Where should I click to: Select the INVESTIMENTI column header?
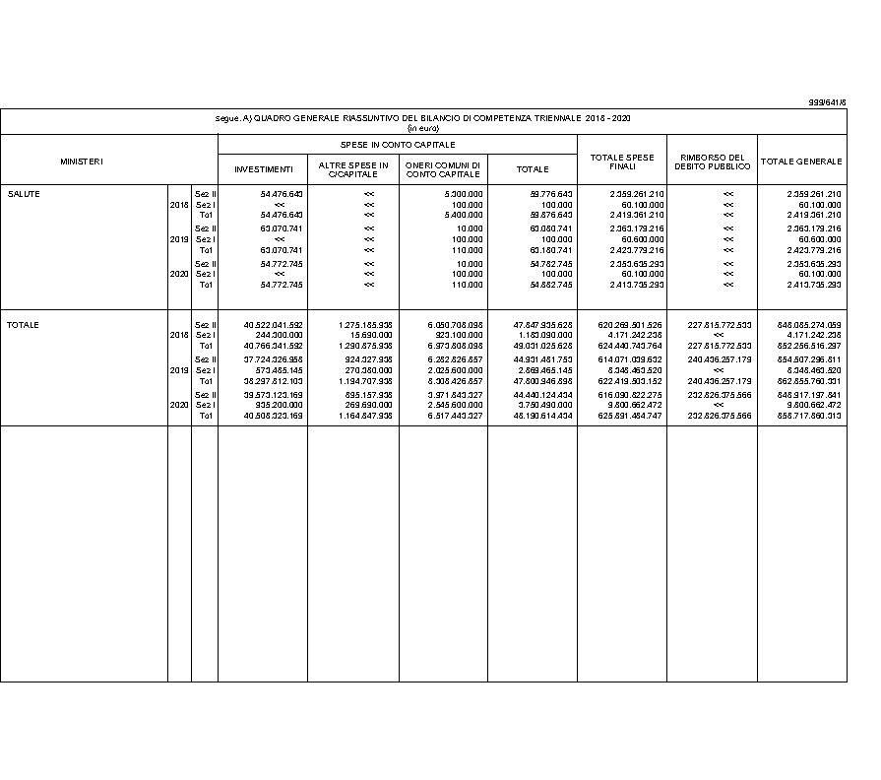coord(263,169)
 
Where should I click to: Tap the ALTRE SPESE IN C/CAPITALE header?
coord(353,169)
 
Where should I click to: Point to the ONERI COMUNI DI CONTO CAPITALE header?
coord(443,169)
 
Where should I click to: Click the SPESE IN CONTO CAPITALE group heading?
coord(398,144)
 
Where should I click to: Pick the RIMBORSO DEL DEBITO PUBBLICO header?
coord(713,162)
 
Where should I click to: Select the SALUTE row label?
coord(24,194)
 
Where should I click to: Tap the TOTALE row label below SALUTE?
coord(24,325)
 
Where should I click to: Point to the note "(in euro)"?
coord(423,128)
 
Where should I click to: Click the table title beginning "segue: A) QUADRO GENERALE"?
coord(423,118)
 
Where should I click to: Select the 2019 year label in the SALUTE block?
coord(179,239)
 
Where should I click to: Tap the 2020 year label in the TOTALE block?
coord(179,405)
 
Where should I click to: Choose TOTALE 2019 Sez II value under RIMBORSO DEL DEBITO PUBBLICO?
coord(721,359)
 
